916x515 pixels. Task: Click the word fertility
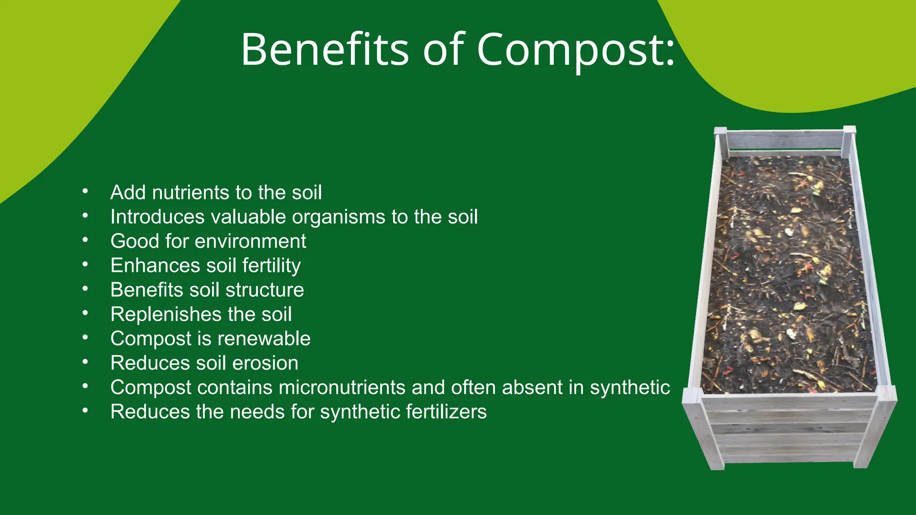coord(271,266)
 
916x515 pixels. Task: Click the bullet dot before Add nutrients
coord(85,192)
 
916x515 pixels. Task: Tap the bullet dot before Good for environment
coord(85,241)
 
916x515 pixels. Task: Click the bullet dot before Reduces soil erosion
coord(85,362)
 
